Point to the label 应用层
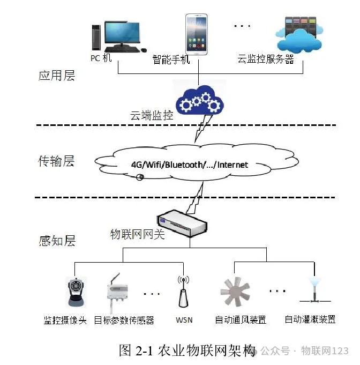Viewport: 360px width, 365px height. coord(56,76)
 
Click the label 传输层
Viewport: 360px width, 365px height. coord(56,161)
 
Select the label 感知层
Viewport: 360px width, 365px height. coord(56,241)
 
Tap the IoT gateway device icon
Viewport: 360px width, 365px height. coord(183,223)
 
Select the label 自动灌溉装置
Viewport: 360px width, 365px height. coord(310,319)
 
